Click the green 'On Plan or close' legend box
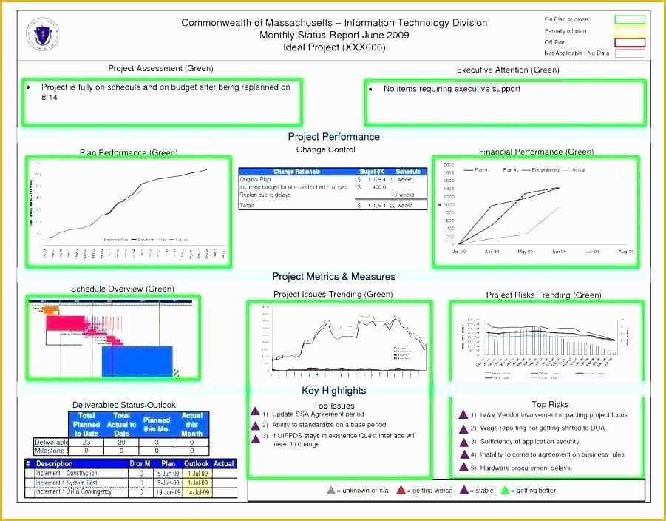pos(625,19)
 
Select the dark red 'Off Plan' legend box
pos(625,42)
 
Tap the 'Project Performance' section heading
pos(333,137)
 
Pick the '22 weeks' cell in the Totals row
pos(402,205)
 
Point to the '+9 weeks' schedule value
pos(402,195)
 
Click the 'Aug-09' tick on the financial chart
pos(626,252)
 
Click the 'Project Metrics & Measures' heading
pos(333,277)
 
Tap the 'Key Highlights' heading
pos(333,391)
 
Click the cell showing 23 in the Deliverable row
pos(86,442)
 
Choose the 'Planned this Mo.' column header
pos(157,425)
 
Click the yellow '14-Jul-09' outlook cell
pos(197,492)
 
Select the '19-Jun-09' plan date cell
pos(168,492)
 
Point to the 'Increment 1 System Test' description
pos(67,483)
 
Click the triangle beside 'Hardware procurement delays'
pos(464,468)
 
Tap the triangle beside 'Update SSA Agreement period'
pos(254,413)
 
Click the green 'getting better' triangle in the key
pos(506,490)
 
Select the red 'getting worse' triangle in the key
pos(401,490)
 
